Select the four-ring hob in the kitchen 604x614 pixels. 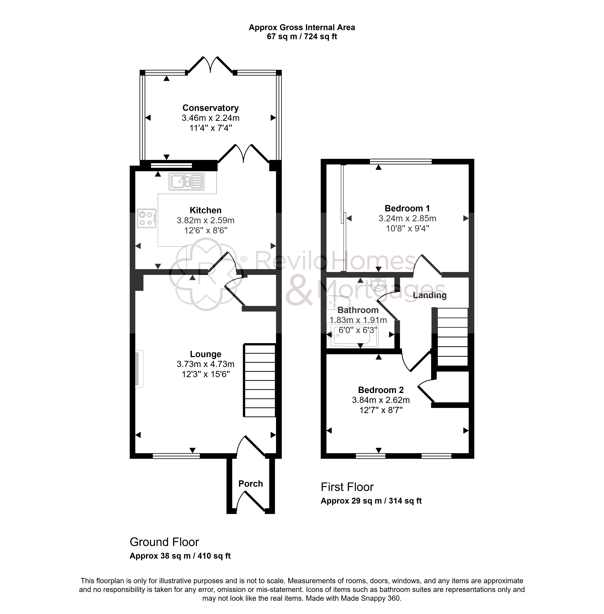pyautogui.click(x=147, y=218)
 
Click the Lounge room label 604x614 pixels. pyautogui.click(x=206, y=354)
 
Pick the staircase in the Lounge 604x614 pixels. pyautogui.click(x=259, y=380)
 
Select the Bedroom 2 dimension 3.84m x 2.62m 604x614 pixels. pyautogui.click(x=381, y=400)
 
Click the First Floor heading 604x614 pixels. pyautogui.click(x=347, y=487)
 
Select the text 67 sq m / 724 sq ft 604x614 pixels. pyautogui.click(x=302, y=37)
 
